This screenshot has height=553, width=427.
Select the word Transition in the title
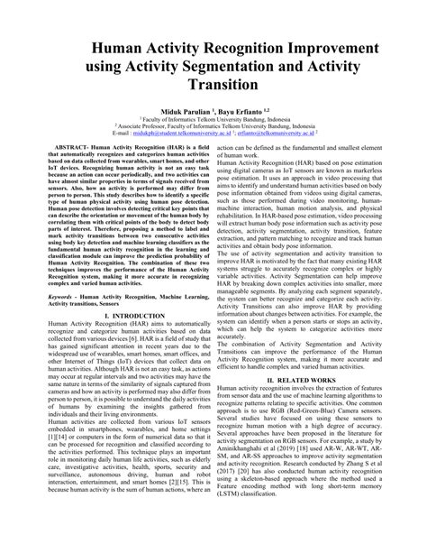click(x=213, y=89)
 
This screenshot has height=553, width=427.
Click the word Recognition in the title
click(x=206, y=46)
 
